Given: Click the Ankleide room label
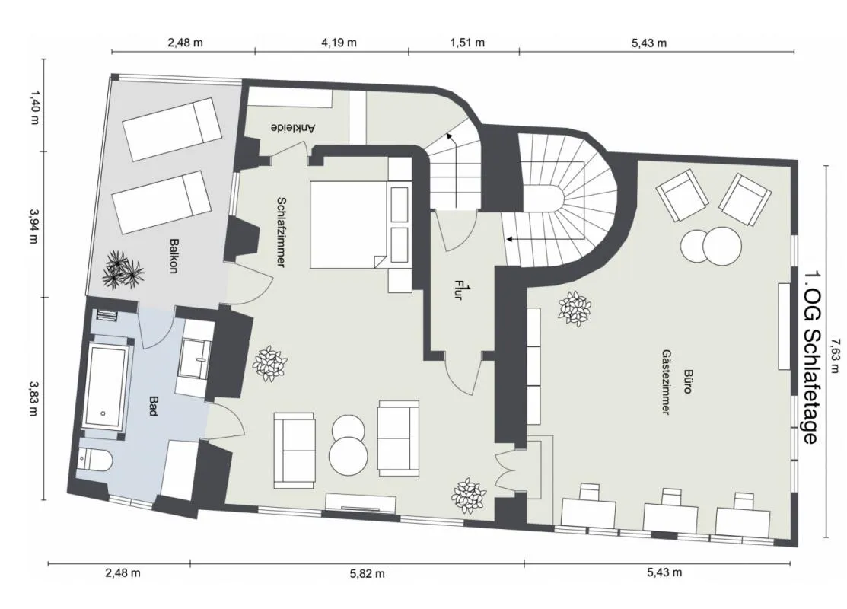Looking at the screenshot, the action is point(292,128).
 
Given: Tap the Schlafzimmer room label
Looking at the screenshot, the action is point(281,232).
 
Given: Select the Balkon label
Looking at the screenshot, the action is point(173,256).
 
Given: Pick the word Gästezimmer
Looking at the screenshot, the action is point(666,381).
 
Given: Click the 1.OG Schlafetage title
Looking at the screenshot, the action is point(811,357).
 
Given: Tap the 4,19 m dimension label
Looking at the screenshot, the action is point(339,42).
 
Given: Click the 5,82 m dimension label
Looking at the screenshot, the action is point(368,573).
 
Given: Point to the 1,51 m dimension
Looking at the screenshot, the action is point(467,42).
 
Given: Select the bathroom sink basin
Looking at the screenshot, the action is point(193,358).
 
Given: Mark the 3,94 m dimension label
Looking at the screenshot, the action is point(33,224).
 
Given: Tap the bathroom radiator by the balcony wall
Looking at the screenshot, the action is point(107,315).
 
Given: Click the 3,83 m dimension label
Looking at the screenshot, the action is point(33,399).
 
